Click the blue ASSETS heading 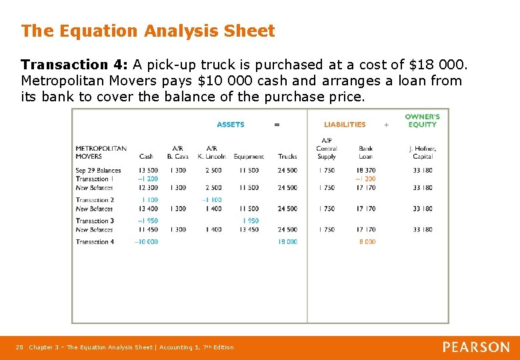tap(231, 125)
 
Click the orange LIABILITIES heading tap(345, 125)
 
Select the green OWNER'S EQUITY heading tap(422, 121)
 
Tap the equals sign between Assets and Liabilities tap(277, 125)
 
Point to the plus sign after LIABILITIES tap(386, 125)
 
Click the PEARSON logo tap(476, 347)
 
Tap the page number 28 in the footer tap(19, 347)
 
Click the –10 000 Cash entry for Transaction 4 tap(146, 242)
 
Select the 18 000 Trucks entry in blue tap(287, 242)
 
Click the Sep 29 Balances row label tap(98, 171)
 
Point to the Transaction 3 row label tap(95, 221)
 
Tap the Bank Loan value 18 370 tap(366, 171)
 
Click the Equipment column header tap(249, 157)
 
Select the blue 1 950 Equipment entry tap(250, 221)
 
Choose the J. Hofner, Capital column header tap(423, 153)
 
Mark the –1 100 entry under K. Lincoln tap(211, 200)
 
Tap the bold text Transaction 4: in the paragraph tap(74, 65)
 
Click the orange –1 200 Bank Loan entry tap(365, 179)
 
